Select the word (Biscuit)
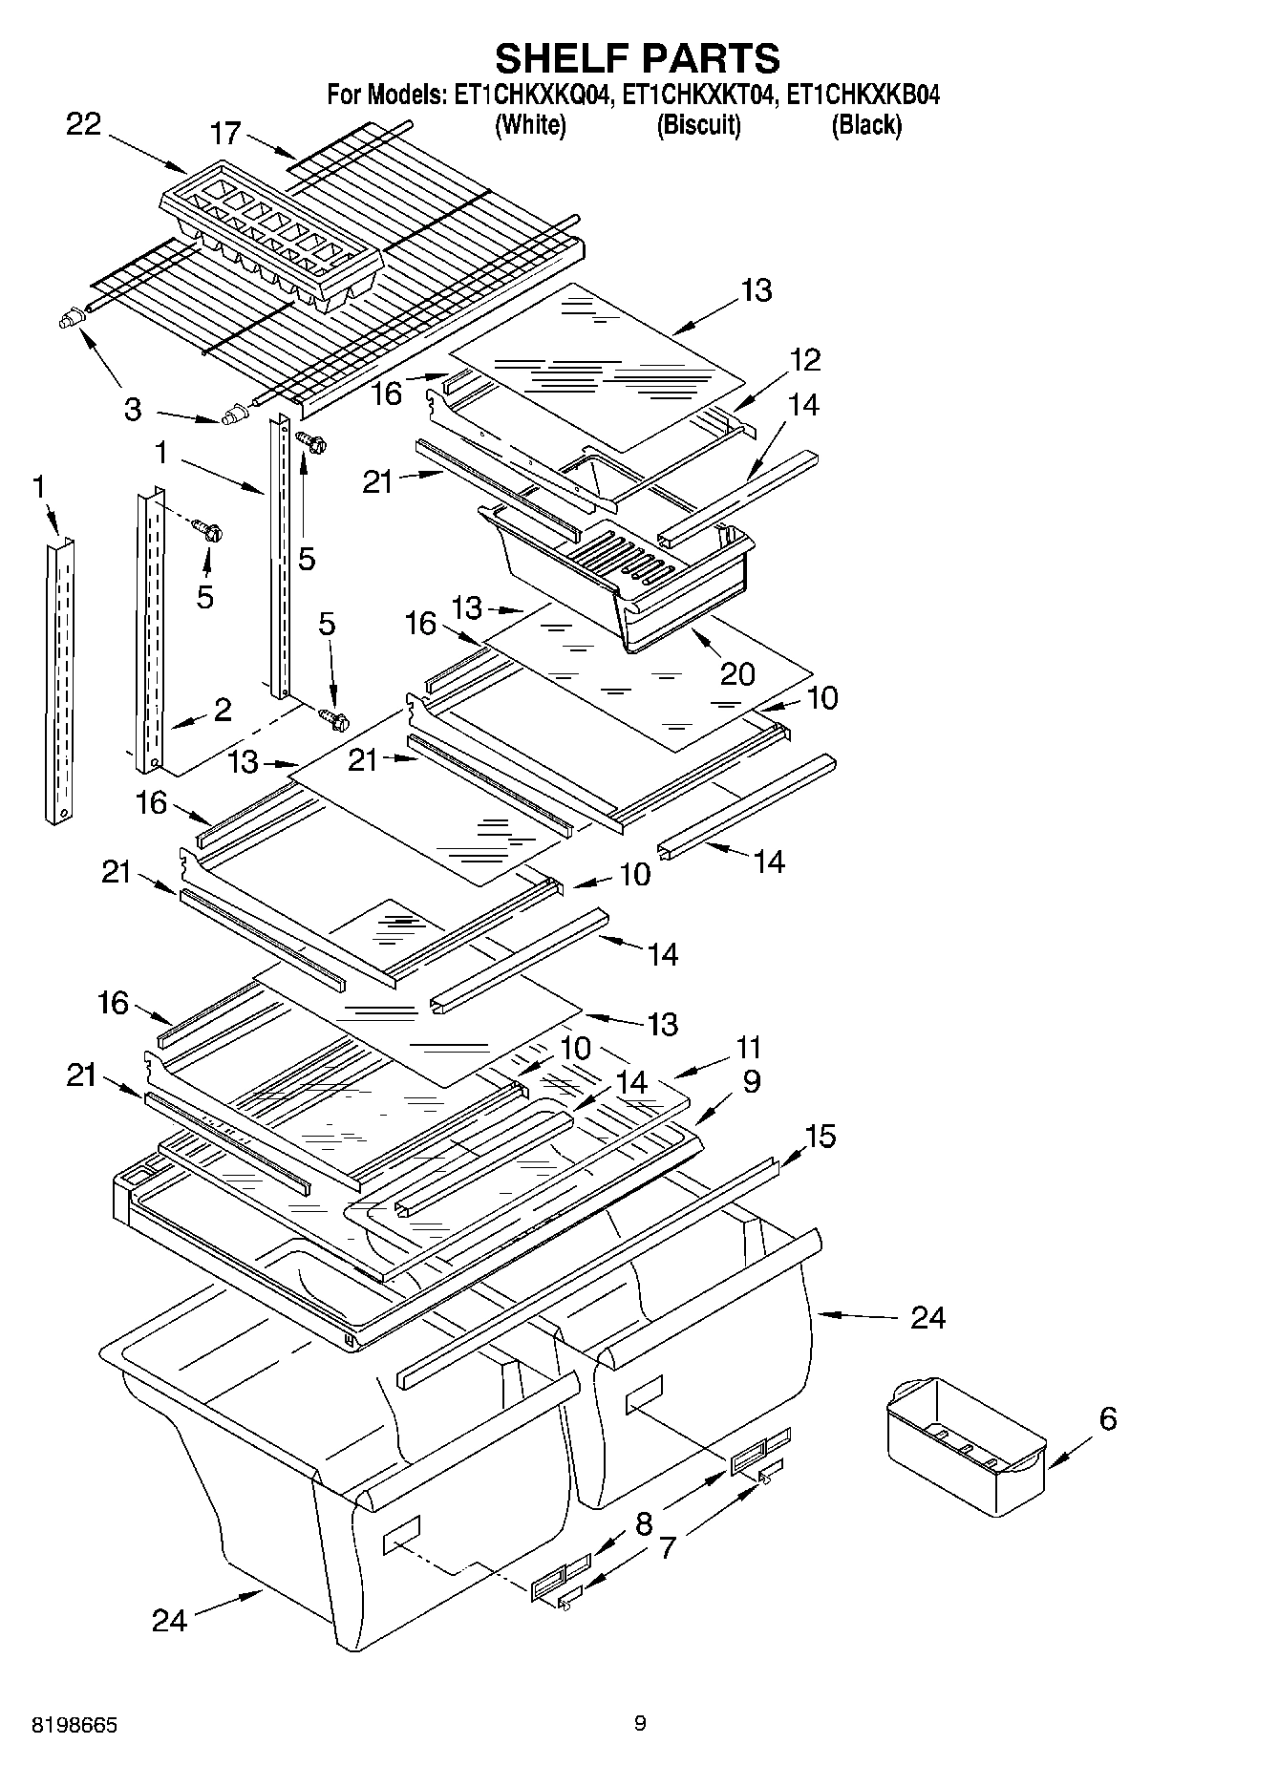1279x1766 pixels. (698, 124)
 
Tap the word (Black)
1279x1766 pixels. (866, 124)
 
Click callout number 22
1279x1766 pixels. (83, 124)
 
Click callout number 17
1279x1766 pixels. (226, 133)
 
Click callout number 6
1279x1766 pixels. (1107, 1418)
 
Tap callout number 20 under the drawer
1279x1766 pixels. (737, 673)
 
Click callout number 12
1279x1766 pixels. (805, 359)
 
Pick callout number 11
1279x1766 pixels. (748, 1047)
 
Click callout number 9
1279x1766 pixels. (751, 1081)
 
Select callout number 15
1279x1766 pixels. (820, 1136)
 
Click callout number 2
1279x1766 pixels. (223, 709)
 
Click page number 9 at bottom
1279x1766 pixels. (640, 1723)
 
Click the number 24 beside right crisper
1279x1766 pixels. (927, 1317)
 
